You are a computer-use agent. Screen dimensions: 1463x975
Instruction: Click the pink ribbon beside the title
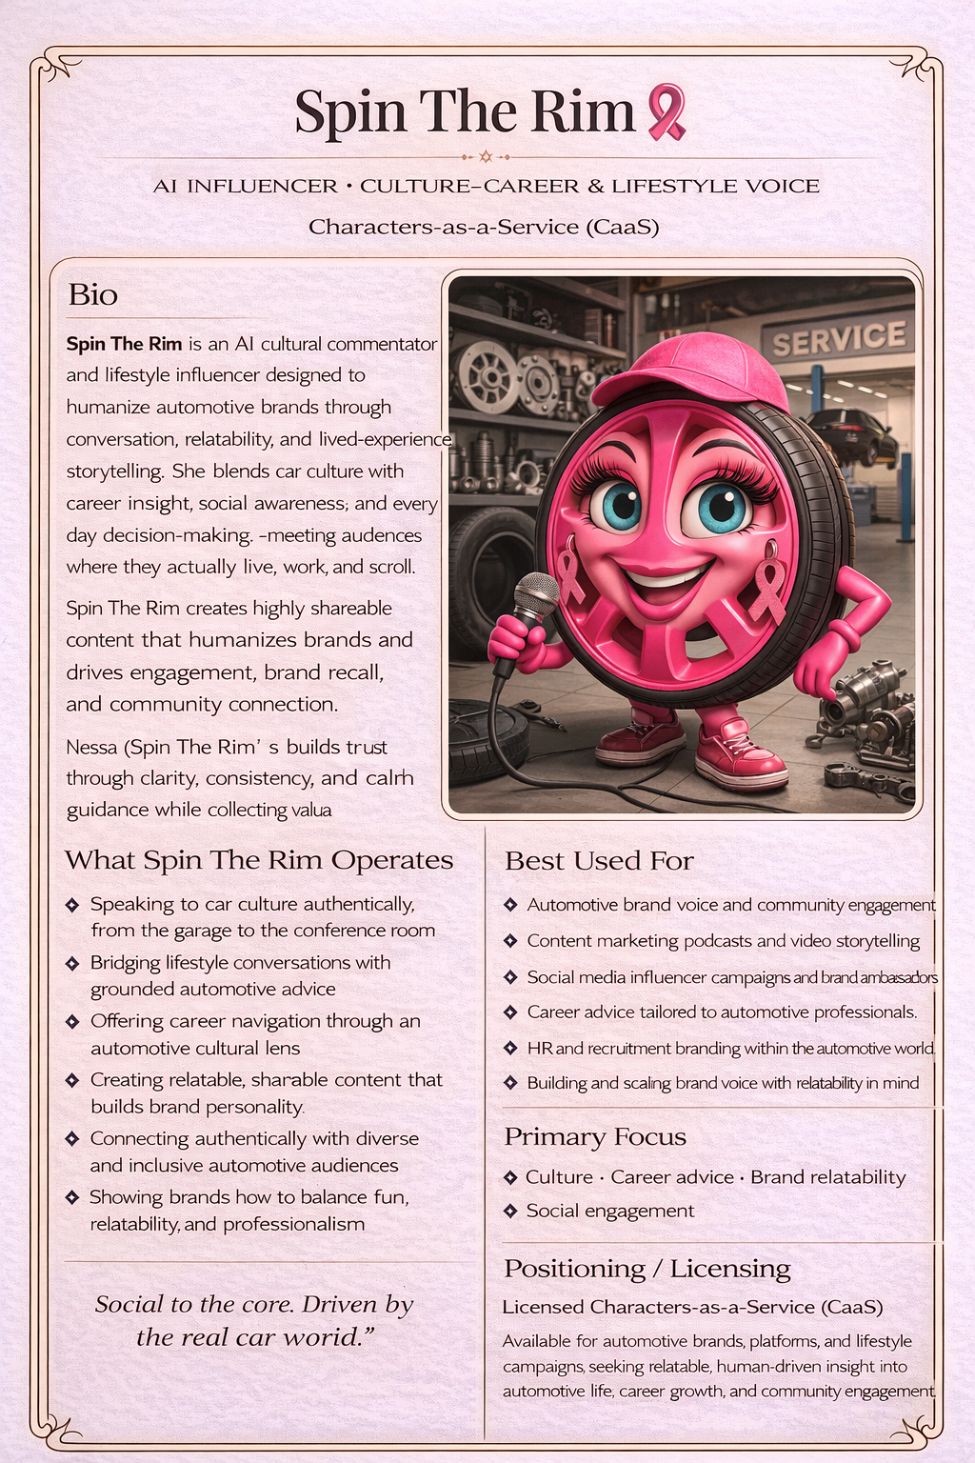tap(667, 111)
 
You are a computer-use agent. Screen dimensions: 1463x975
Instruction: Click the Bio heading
tap(92, 295)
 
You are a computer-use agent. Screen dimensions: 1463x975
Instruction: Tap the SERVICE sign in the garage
tap(838, 338)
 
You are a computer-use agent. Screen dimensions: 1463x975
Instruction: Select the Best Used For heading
tap(599, 861)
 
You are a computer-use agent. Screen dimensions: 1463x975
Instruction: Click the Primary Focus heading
tap(595, 1137)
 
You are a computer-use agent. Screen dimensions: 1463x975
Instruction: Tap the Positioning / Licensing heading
tap(647, 1269)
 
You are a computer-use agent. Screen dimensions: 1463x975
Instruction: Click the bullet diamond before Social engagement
tap(511, 1211)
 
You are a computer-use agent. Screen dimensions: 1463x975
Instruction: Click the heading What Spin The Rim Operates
tap(259, 860)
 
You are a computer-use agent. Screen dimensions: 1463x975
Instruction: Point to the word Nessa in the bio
tap(91, 747)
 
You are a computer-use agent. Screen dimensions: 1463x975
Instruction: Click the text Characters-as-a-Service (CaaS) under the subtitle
tap(484, 227)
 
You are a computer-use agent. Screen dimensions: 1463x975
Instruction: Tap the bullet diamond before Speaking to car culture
tap(72, 904)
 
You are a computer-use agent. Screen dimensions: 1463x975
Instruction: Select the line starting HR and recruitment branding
tap(730, 1048)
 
